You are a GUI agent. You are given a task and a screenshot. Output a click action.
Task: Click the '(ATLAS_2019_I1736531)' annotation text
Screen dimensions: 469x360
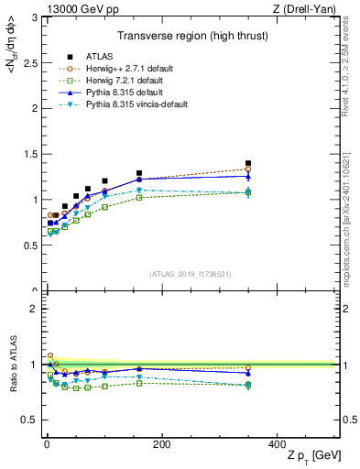pyautogui.click(x=191, y=275)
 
